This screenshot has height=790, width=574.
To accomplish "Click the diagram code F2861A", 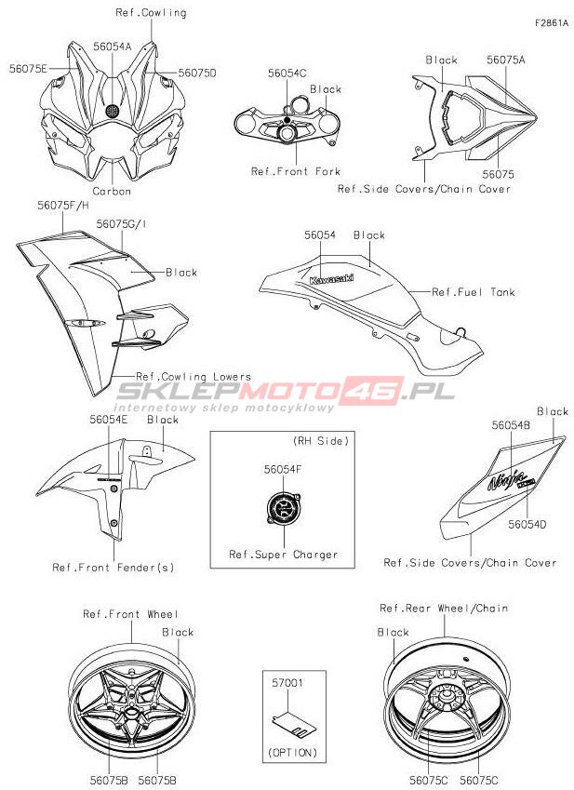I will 551,22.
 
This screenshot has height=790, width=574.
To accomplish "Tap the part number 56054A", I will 112,45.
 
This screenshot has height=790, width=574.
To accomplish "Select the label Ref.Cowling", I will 151,13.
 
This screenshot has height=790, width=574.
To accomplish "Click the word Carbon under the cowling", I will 111,191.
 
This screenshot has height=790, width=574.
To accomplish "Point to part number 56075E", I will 29,68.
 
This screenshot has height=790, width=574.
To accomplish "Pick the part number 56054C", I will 287,73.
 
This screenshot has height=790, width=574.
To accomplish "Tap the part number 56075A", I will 505,60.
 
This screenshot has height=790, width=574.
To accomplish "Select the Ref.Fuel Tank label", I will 473,292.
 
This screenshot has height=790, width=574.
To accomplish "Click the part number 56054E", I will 109,420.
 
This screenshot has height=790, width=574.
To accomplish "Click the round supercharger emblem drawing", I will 282,510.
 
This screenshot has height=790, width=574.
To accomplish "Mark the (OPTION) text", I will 291,752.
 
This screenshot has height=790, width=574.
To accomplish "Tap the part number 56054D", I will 527,525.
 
